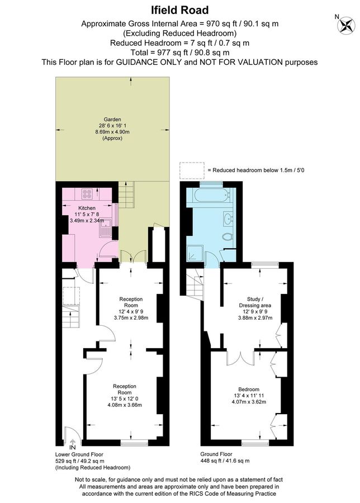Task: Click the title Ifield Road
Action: [179, 10]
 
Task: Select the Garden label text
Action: [111, 119]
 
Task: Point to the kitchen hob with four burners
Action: [88, 194]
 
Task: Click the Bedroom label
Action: [248, 390]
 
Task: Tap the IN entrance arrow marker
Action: [72, 447]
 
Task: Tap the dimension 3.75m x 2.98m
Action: [130, 318]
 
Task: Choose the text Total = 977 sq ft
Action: [179, 53]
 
